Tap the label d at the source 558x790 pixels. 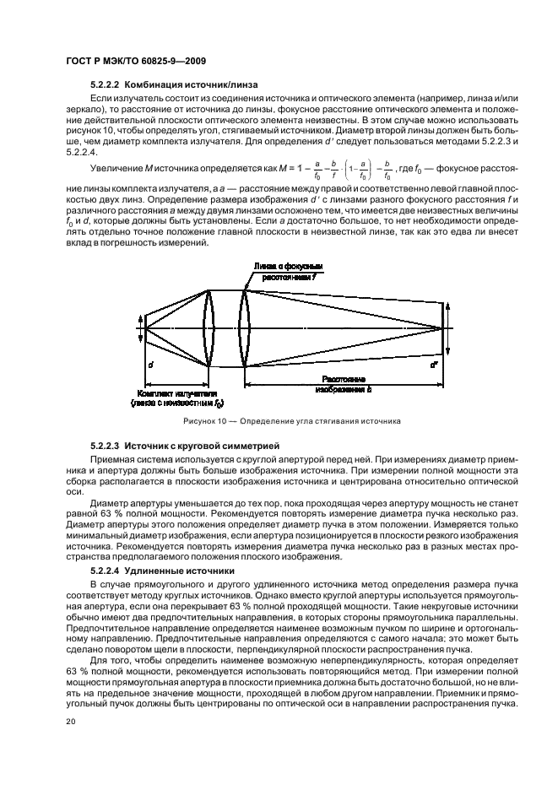tap(149, 365)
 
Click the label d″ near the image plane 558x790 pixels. tap(434, 365)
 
